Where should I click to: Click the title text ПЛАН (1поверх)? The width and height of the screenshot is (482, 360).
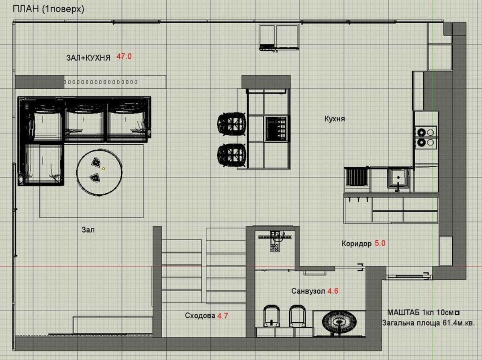[49, 9]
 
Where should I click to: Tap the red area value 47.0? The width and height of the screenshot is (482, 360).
[124, 57]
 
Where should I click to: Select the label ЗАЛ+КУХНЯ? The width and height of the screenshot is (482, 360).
[88, 58]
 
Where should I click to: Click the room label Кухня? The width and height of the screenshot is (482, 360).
[335, 119]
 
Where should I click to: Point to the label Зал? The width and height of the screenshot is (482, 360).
[88, 230]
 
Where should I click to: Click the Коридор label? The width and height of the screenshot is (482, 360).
[357, 243]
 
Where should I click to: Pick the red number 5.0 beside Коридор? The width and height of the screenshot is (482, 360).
[380, 243]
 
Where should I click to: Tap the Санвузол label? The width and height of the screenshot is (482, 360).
[308, 291]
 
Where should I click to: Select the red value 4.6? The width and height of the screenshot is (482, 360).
[333, 291]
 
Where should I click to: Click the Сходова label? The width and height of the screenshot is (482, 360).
[200, 316]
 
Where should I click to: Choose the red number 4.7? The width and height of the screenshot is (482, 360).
[223, 316]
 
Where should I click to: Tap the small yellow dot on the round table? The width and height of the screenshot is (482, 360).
[104, 169]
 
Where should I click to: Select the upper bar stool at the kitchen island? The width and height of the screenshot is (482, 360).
[231, 124]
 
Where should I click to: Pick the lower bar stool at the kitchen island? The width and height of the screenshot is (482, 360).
[231, 155]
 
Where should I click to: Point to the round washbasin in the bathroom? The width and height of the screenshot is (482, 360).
[339, 322]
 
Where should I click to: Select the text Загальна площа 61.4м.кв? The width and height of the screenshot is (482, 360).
[429, 323]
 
